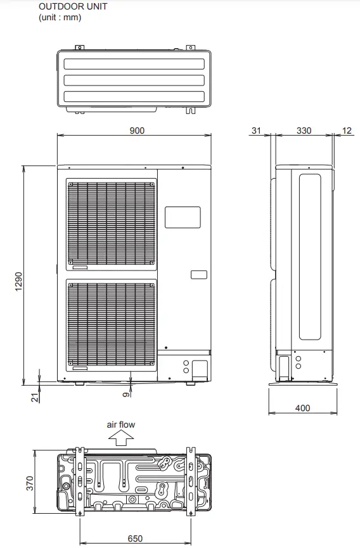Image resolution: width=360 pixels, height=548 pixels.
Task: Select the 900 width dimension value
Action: coord(137,131)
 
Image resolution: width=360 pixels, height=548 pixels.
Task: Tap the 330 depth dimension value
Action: coord(304,131)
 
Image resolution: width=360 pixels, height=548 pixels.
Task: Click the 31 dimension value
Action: coord(256,131)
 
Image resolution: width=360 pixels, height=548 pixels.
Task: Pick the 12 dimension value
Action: coord(346,131)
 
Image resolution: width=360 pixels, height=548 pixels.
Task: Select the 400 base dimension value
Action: coord(303,408)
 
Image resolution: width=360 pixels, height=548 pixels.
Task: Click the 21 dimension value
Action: coord(35,397)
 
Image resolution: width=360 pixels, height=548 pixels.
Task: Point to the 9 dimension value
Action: coord(127,394)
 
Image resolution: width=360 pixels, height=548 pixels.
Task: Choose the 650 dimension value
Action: coord(135,538)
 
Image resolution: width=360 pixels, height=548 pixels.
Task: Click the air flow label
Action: coord(120,425)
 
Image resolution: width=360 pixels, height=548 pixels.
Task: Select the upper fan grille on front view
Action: coord(112,223)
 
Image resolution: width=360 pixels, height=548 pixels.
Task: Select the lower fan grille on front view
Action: coord(112,324)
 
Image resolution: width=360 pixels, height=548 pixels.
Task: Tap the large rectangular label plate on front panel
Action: coord(183,217)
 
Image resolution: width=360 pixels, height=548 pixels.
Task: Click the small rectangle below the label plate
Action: coord(198,275)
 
